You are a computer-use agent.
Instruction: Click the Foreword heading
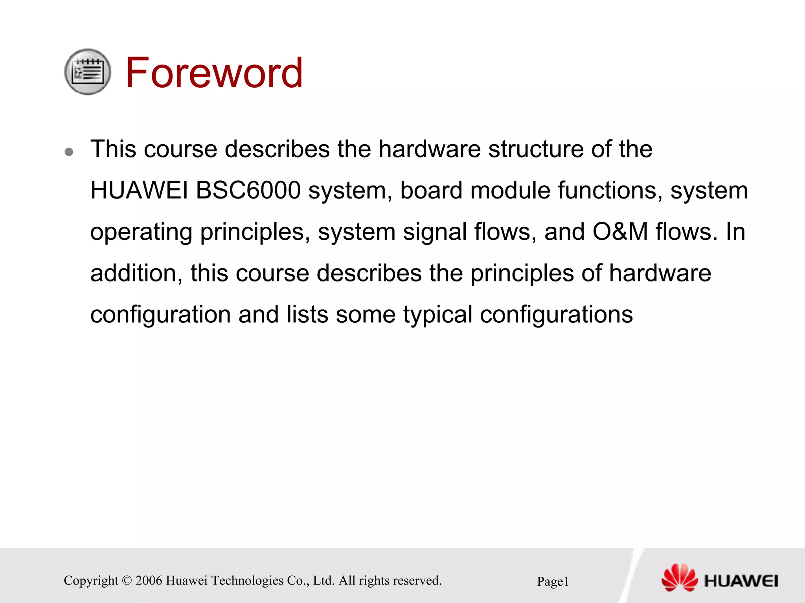point(214,73)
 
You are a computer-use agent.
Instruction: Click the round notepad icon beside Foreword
point(88,72)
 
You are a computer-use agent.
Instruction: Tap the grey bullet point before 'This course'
point(69,152)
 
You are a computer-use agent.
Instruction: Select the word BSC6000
point(248,191)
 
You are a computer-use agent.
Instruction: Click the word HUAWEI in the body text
point(139,191)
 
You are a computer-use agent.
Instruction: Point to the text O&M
point(620,232)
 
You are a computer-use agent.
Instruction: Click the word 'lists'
point(307,314)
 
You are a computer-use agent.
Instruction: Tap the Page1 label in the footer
point(553,581)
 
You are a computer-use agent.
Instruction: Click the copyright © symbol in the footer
point(127,581)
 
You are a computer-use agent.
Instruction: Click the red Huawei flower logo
point(680,577)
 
